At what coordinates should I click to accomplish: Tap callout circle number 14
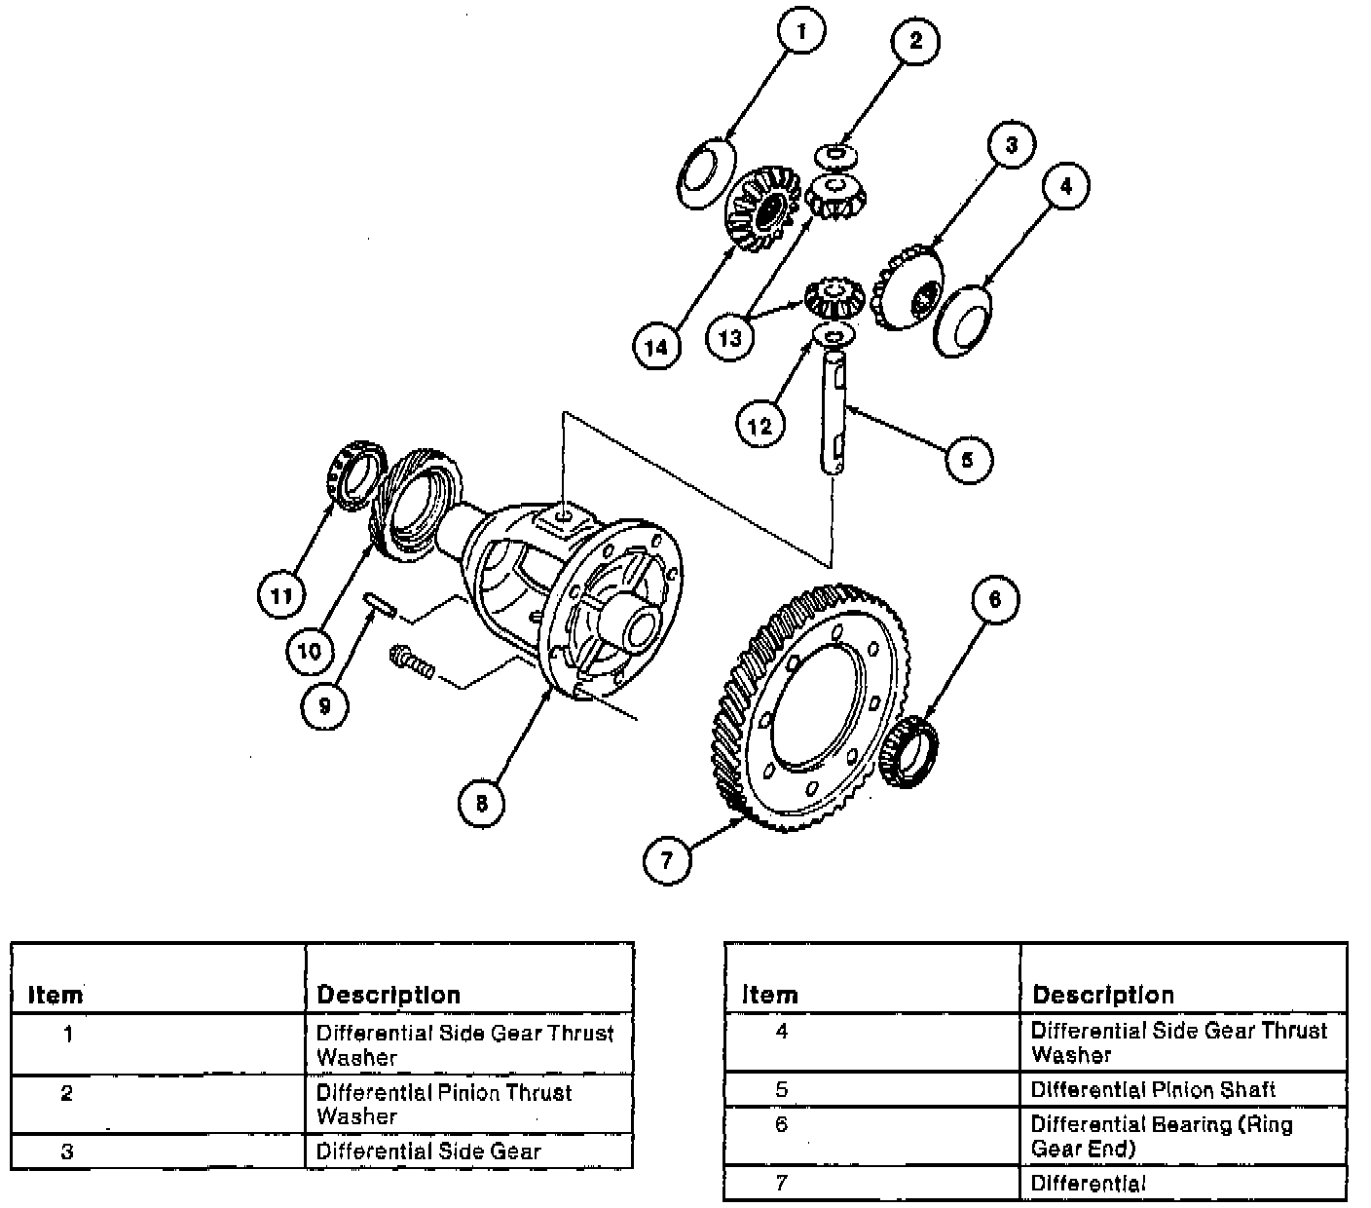click(657, 346)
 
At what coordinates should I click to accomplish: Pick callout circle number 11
click(281, 595)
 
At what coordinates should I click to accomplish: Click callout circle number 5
click(967, 459)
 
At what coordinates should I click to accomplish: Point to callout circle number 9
click(324, 705)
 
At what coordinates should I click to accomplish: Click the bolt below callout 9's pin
click(410, 661)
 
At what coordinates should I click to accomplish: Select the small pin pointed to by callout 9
click(379, 604)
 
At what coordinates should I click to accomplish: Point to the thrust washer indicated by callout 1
click(706, 170)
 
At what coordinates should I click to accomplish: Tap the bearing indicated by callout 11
click(352, 474)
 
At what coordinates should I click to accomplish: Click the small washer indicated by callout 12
click(834, 337)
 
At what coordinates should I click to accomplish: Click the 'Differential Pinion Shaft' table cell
click(1152, 1090)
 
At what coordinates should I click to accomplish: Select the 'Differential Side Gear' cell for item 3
click(428, 1151)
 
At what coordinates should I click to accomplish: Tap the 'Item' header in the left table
click(56, 995)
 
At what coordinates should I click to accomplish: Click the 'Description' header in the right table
click(1102, 995)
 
